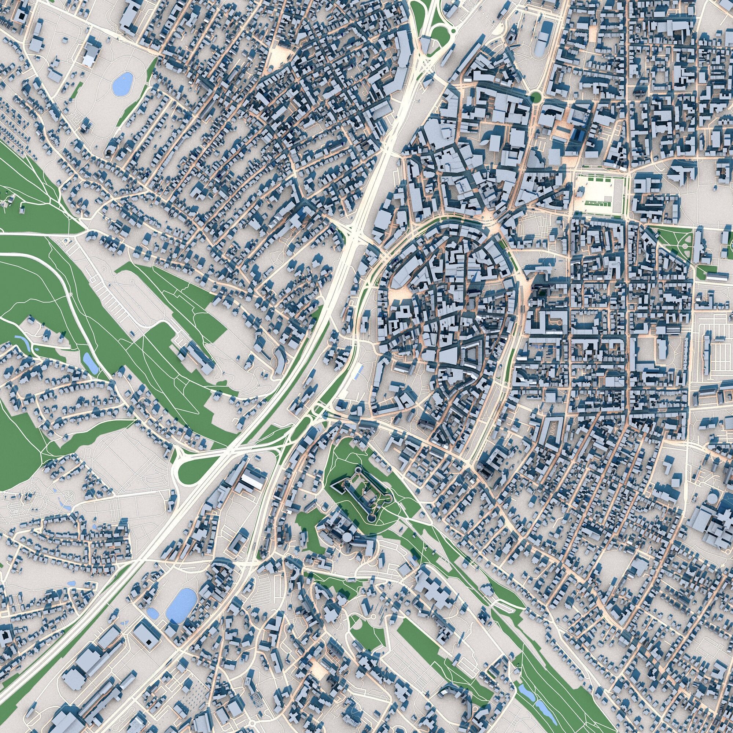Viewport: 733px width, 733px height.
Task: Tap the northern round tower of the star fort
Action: pyautogui.click(x=358, y=472)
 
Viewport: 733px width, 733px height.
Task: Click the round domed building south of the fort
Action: pyautogui.click(x=347, y=537)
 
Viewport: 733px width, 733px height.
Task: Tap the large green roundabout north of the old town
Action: pyautogui.click(x=535, y=97)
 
